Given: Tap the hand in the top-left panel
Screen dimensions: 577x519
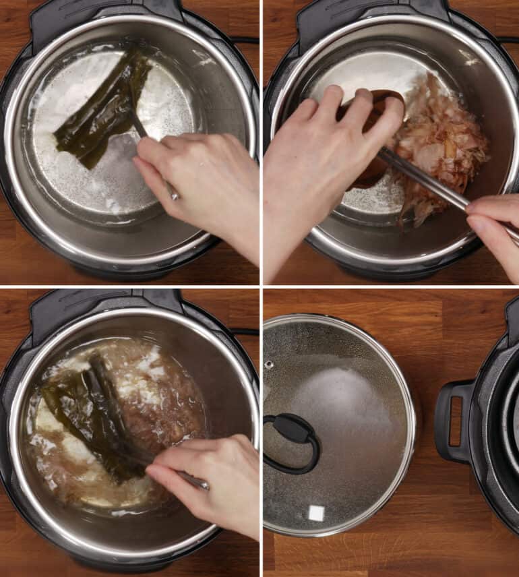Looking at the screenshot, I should (x=202, y=182).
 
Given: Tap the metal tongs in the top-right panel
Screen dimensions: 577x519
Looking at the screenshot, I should (x=431, y=182).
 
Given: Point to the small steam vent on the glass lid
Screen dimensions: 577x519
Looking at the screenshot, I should (x=269, y=365).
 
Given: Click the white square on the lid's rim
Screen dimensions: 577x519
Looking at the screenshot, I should (x=315, y=514).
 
